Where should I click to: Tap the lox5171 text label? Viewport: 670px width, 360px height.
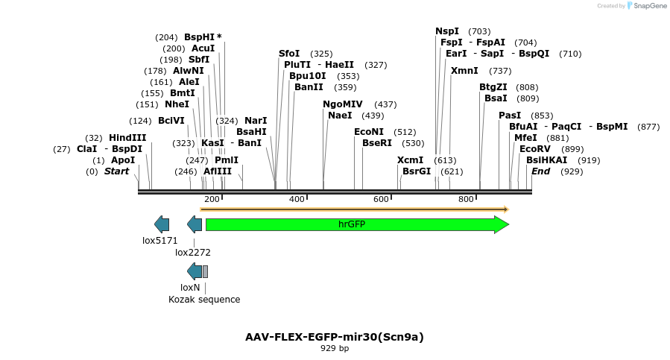coord(160,241)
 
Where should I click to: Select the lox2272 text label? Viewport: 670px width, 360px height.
coord(193,253)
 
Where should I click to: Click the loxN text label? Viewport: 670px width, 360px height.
coord(190,287)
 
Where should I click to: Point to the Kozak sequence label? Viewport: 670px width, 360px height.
coord(204,300)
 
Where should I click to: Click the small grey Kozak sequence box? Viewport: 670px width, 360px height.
coord(205,271)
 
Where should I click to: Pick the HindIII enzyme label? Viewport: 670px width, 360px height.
coord(128,138)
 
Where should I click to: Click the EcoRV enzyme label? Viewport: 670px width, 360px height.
coord(535,149)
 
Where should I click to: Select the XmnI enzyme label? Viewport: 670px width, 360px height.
coord(464,71)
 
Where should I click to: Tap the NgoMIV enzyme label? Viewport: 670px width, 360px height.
coord(343,104)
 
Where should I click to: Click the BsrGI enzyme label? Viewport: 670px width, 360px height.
coord(417,171)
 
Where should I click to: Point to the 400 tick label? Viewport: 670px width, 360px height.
coord(297,200)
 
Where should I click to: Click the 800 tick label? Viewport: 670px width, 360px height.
coord(467,200)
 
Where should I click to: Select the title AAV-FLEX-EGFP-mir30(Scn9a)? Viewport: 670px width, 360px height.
coord(335,337)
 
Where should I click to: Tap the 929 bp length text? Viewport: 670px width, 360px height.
coord(335,348)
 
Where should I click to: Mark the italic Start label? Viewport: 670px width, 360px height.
coord(116,171)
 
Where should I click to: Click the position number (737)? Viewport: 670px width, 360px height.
coord(500,71)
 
